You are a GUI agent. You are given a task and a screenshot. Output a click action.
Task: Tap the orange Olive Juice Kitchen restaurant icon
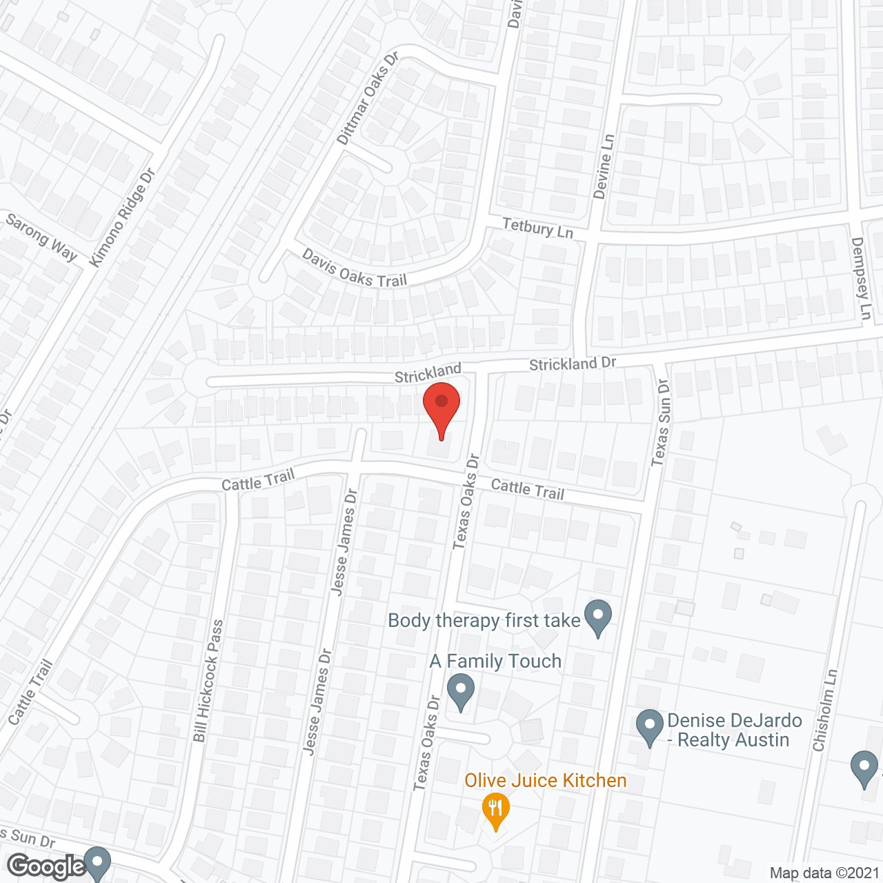point(495,810)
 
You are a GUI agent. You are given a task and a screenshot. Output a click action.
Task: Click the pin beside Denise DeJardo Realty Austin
point(649,726)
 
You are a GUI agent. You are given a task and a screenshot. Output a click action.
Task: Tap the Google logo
point(47,866)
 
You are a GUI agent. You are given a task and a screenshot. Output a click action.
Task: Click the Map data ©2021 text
point(824,873)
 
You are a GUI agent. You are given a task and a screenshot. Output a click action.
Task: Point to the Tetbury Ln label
point(537,227)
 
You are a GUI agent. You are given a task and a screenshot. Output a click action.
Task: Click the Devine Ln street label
point(604,166)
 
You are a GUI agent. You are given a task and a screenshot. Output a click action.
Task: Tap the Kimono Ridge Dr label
point(123,218)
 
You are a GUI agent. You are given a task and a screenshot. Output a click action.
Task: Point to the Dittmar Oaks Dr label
point(368,98)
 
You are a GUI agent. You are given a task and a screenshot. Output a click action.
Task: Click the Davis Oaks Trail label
point(355,268)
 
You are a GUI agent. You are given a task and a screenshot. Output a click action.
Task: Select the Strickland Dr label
point(572,364)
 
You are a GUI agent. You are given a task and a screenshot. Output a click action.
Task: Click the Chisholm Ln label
point(825,711)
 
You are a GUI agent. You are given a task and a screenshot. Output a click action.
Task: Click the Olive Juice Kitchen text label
point(545,780)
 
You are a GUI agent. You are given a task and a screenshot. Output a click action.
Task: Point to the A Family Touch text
point(495,661)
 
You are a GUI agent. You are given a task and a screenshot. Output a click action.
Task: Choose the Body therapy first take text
point(484,620)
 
